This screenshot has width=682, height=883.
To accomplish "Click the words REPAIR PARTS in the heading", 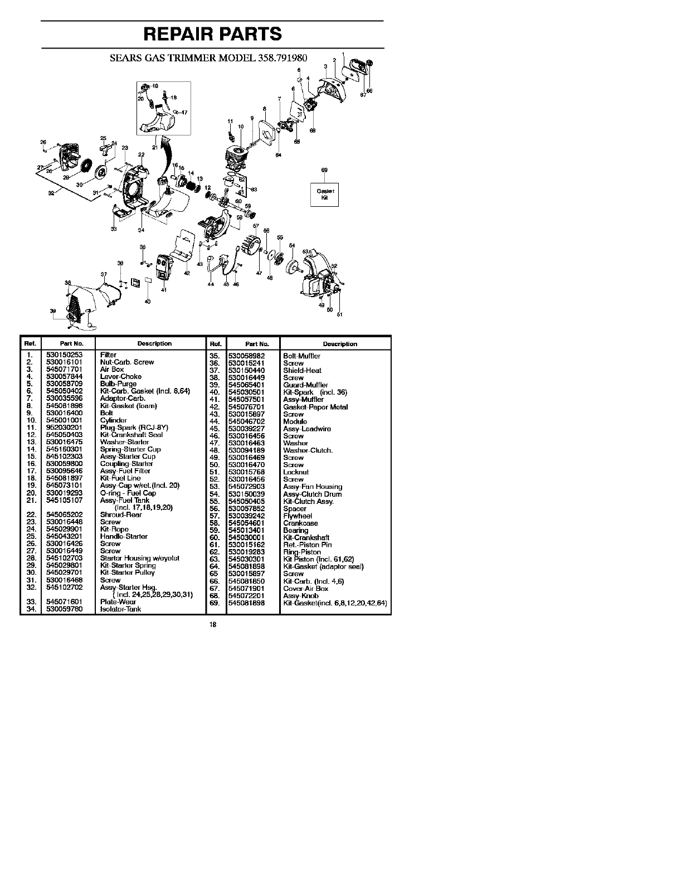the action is (x=212, y=34).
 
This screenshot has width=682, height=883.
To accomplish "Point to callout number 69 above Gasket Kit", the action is (x=324, y=169).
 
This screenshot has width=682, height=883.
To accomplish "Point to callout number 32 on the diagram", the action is (x=51, y=193).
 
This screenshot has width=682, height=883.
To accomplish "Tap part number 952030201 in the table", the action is (x=64, y=428).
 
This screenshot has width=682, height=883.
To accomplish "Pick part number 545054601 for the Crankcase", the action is (x=246, y=523).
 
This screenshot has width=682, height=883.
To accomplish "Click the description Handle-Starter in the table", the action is (x=124, y=536).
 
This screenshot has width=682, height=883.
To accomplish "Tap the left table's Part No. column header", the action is (x=71, y=344).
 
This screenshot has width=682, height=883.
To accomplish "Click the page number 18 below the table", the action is (x=213, y=624).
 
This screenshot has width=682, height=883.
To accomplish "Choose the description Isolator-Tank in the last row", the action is (x=120, y=609).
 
